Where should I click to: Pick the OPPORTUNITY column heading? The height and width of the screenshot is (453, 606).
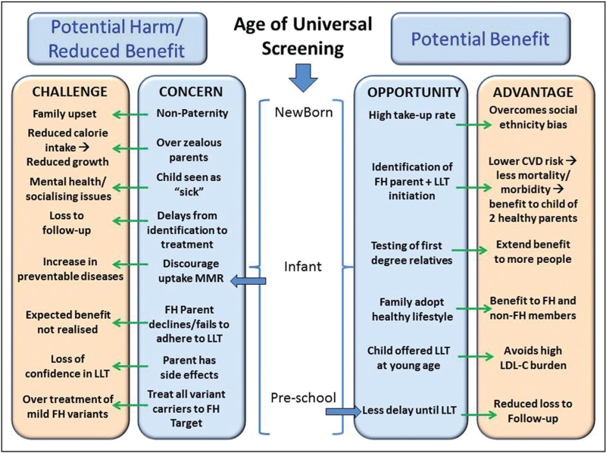coord(414,92)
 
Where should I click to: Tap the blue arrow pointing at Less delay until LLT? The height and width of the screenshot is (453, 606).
coord(343,412)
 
